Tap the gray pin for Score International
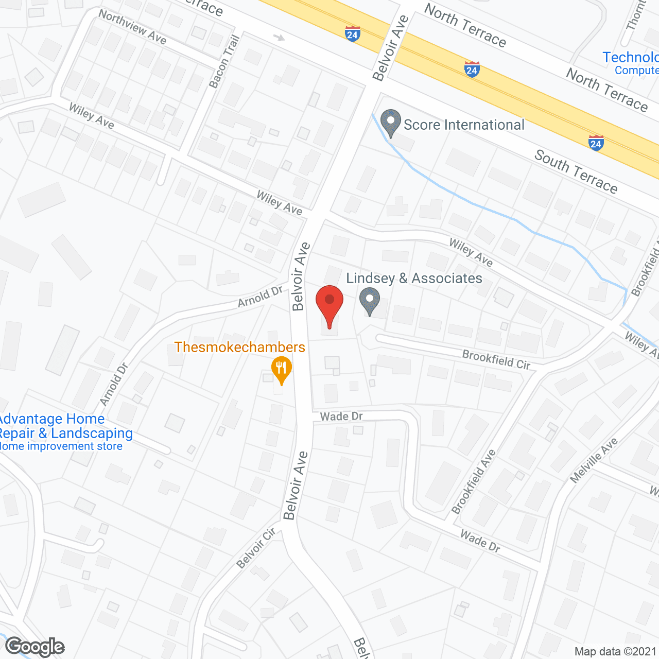coord(390,124)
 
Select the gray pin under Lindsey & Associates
coord(369,301)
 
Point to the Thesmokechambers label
coord(239,347)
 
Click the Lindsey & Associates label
coord(414,279)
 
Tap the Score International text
coord(464,125)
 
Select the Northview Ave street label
coord(132,27)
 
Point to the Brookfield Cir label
coord(496,359)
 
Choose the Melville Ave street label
coord(594,461)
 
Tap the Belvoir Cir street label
coord(256,548)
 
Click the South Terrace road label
coord(576,171)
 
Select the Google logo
coord(35,647)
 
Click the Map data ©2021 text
coord(615,652)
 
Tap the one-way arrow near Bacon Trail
coord(279,38)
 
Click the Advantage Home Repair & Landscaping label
coord(66,426)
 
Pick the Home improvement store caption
coord(61,446)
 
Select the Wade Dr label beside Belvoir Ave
coord(341,416)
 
